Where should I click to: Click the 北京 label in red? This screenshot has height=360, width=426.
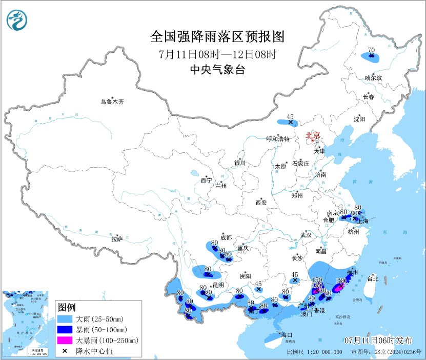(x=313, y=135)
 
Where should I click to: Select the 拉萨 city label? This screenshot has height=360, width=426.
(x=117, y=238)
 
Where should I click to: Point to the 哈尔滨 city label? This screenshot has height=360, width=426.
(x=373, y=78)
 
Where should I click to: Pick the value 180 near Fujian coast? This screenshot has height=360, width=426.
(x=339, y=281)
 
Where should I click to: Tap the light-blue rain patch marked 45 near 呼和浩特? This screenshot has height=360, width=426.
(x=287, y=122)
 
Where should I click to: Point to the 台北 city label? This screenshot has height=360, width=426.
(x=372, y=279)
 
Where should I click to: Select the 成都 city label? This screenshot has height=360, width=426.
(x=226, y=237)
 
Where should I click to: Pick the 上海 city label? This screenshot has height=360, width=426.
(x=363, y=221)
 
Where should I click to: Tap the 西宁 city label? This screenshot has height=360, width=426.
(x=206, y=180)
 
